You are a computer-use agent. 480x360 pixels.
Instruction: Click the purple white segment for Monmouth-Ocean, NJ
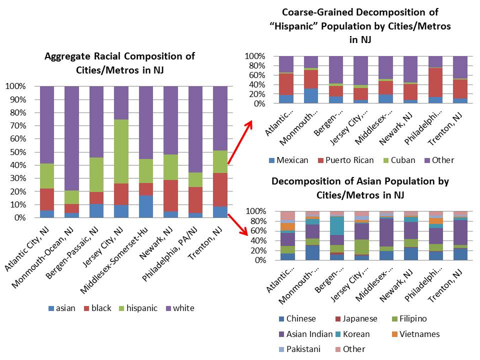[71, 137]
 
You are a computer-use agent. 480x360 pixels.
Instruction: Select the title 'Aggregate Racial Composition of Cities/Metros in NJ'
[119, 62]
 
